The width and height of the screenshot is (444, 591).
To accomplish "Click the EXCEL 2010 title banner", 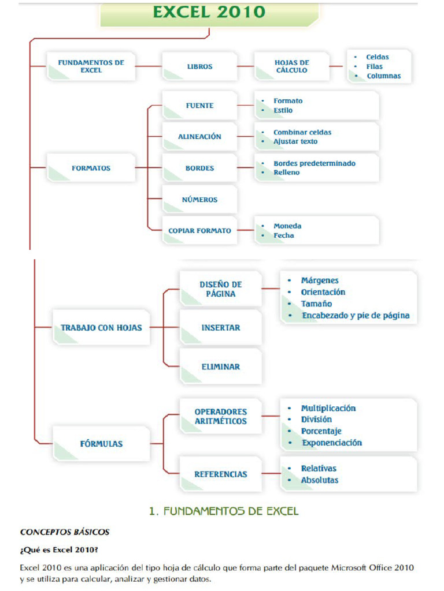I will tap(209, 13).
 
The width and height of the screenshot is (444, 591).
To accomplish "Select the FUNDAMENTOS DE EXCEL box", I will tap(91, 66).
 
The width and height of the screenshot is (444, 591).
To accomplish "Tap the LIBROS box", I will tap(199, 66).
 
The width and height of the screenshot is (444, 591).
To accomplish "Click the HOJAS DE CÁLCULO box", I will tap(291, 66).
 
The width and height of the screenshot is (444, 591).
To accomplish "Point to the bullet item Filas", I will tap(374, 66).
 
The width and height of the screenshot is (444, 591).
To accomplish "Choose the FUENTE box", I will tap(199, 106).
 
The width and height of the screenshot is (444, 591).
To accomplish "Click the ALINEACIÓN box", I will tap(199, 137).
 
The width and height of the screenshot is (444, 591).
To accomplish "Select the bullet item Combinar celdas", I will tap(302, 132).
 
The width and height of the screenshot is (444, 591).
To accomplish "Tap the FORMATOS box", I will tap(91, 169).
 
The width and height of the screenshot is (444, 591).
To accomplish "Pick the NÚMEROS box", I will tap(199, 200).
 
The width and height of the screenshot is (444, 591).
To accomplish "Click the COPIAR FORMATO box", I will tap(199, 231).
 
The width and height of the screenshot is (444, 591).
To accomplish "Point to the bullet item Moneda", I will tap(287, 226).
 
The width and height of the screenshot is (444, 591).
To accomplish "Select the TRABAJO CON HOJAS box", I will tap(101, 328).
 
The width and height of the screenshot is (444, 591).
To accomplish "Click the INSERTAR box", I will tap(220, 328).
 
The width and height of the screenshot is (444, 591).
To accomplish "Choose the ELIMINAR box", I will tap(220, 366).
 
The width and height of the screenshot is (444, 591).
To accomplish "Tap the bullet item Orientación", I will tap(323, 292).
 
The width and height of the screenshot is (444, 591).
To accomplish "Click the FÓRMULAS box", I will tap(101, 444).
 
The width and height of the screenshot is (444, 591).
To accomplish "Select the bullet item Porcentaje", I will tap(321, 431).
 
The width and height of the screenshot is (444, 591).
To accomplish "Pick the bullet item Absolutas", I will tap(320, 480).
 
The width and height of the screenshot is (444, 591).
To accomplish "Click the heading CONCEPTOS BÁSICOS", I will tap(65, 532).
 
